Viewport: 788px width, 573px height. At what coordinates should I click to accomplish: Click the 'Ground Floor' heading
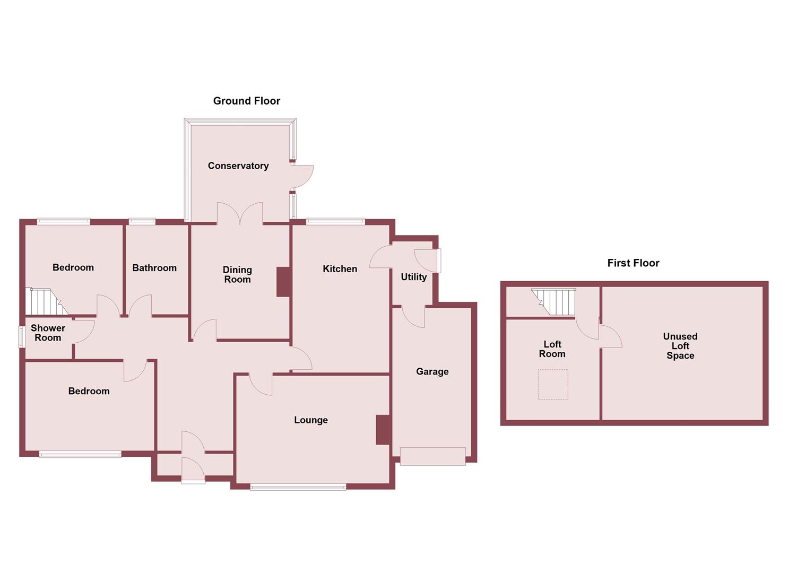[x=246, y=101]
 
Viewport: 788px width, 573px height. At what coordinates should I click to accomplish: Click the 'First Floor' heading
[x=633, y=263]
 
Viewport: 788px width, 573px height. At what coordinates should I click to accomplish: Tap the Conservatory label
[x=238, y=166]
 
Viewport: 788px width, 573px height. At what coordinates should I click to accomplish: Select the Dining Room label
[x=237, y=275]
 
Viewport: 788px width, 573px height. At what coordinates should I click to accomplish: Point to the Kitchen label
[x=340, y=269]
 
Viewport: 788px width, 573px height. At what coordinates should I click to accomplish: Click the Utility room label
[x=413, y=277]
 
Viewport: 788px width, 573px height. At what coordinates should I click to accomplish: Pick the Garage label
[x=432, y=371]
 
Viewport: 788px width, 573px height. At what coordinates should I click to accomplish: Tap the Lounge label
[x=311, y=420]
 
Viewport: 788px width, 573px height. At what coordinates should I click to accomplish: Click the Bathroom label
[x=154, y=268]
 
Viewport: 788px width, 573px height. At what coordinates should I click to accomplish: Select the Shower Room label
[x=48, y=333]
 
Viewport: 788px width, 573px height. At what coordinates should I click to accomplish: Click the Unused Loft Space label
[x=680, y=346]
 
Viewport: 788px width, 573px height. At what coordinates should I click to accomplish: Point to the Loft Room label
[x=552, y=349]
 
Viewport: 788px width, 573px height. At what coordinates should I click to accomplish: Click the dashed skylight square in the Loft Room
[x=553, y=384]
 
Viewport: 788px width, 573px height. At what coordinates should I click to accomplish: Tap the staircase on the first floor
[x=555, y=301]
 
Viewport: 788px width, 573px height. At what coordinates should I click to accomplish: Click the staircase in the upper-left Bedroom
[x=45, y=302]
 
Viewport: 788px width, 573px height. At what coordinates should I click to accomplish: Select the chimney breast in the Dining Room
[x=283, y=282]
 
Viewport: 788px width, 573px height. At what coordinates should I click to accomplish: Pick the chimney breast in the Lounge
[x=383, y=430]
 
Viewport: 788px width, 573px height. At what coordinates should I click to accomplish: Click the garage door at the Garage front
[x=432, y=456]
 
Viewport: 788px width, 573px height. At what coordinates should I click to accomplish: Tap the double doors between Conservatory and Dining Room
[x=240, y=214]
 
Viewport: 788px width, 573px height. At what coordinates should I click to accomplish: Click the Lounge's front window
[x=298, y=487]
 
